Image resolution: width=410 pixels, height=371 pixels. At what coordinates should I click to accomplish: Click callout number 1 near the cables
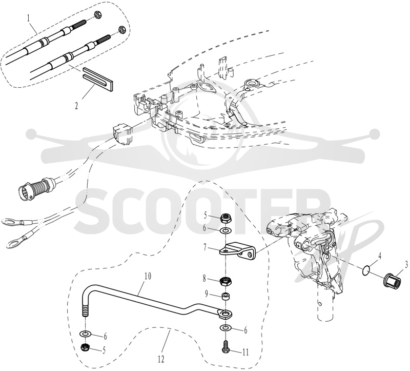point(29,18)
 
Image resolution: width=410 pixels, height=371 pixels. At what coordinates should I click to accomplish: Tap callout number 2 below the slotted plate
point(76,106)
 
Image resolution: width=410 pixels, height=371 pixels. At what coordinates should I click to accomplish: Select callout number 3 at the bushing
point(406,265)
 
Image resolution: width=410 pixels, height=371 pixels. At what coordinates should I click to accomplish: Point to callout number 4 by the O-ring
point(380,256)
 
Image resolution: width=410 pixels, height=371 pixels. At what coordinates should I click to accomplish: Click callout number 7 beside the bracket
point(206,247)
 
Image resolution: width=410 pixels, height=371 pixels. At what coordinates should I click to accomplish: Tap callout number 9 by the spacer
point(207,295)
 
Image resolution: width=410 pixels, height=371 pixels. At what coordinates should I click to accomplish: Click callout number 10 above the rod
point(148,277)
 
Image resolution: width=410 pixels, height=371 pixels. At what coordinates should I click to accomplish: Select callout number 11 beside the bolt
point(245,353)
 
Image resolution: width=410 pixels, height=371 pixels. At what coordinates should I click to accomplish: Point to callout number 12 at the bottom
point(161,360)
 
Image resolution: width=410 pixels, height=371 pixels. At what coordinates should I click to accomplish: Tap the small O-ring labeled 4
point(366,270)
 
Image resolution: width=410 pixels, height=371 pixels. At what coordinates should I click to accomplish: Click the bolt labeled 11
point(224,347)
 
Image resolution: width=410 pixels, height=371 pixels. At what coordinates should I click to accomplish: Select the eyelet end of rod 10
point(224,314)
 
